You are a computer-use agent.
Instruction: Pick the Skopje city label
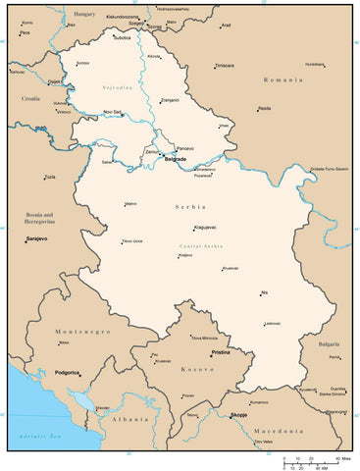[238, 416]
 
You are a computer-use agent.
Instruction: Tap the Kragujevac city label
[205, 227]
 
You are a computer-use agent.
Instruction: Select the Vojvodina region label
[117, 88]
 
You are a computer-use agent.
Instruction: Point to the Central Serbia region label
[203, 245]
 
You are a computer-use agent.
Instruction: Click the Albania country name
[129, 418]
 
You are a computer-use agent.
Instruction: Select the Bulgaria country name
[329, 345]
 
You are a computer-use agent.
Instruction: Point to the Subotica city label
[122, 38]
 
